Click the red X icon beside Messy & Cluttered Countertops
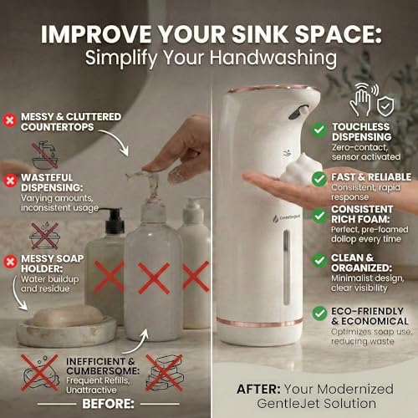tap(10, 120)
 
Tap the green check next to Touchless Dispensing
tap(319, 130)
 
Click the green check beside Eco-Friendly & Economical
tap(319, 313)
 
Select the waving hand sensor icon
tap(362, 99)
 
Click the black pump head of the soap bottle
tap(114, 221)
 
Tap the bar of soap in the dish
tap(68, 317)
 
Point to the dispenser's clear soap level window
tap(287, 267)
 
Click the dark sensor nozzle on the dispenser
tap(298, 112)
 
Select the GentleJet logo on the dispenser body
tap(286, 218)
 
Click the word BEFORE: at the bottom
tap(108, 404)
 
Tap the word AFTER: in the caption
tap(258, 390)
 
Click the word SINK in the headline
tap(260, 34)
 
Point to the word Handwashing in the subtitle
tap(273, 58)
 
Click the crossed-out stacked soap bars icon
tap(165, 373)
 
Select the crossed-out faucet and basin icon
tap(44, 155)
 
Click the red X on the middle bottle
tap(154, 278)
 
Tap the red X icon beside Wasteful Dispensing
tap(10, 181)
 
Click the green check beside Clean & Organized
tap(319, 261)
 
